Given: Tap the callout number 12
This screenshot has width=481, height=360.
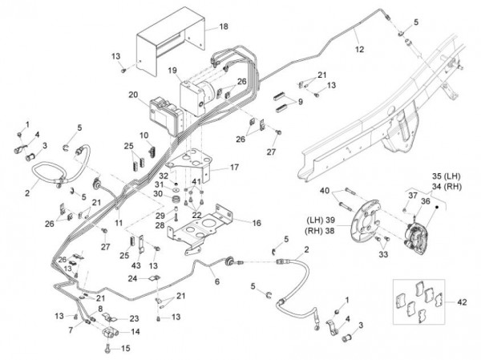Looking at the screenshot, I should (x=359, y=50).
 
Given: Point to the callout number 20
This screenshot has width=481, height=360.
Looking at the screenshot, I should (x=133, y=95).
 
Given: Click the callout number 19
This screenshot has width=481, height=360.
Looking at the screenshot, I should (x=172, y=71).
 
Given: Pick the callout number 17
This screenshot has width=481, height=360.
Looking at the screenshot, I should (x=234, y=168).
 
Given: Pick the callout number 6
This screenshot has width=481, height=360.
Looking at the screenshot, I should (x=216, y=281).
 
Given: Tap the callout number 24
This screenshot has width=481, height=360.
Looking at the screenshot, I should (x=131, y=279).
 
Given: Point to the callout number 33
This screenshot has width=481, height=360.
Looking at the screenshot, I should (x=383, y=254).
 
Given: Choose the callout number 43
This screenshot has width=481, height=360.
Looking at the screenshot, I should (x=135, y=265).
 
